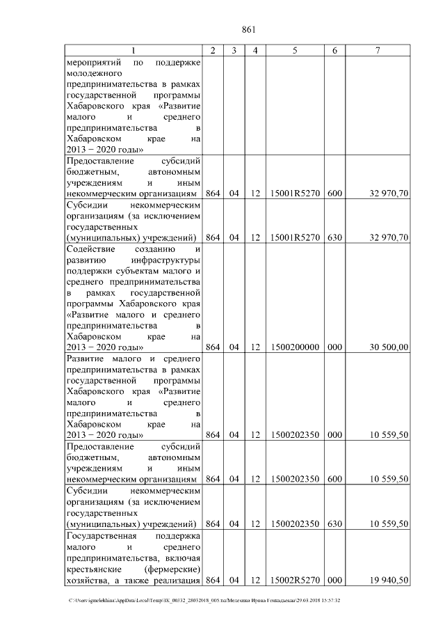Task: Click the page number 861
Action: (x=249, y=29)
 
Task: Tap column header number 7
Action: (x=378, y=51)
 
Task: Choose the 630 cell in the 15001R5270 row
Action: (x=334, y=237)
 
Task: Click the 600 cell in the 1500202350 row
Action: (x=334, y=480)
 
